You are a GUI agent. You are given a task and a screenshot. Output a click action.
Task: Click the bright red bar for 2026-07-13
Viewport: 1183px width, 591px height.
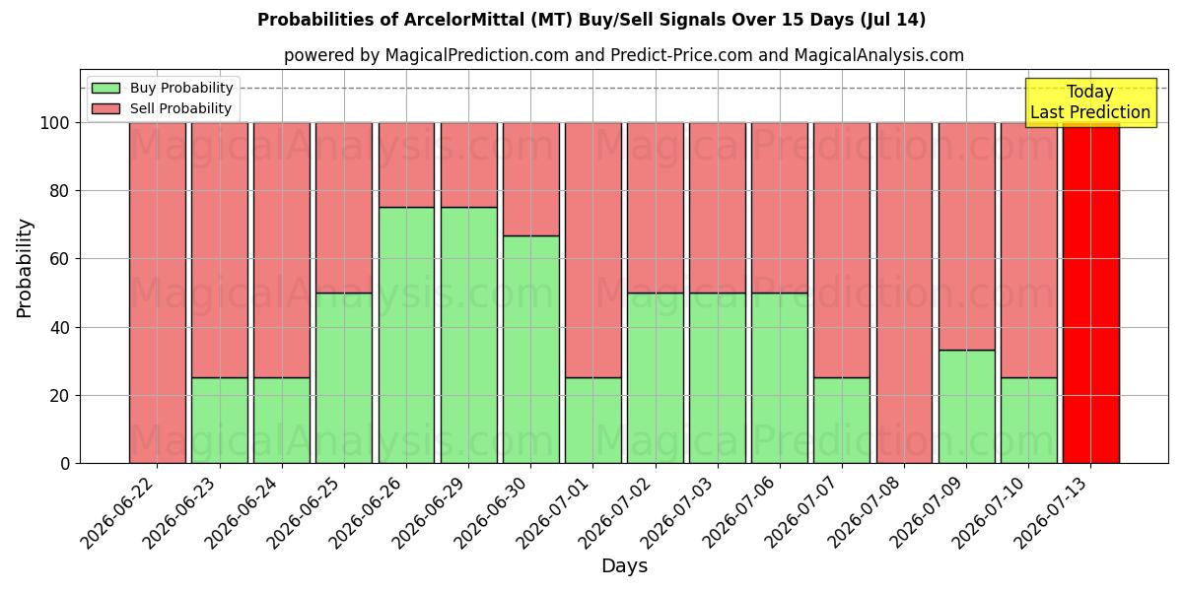click(1091, 294)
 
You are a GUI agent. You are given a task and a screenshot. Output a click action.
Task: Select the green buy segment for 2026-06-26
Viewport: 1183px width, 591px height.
click(406, 336)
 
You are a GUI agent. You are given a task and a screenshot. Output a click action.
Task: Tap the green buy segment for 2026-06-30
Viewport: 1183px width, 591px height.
click(531, 350)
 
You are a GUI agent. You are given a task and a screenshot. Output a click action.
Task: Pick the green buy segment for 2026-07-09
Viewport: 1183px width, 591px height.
click(967, 407)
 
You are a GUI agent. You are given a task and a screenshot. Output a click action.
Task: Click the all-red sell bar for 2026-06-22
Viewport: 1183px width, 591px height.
click(158, 294)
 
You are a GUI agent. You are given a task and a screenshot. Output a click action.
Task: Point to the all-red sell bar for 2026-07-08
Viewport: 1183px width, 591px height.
click(905, 294)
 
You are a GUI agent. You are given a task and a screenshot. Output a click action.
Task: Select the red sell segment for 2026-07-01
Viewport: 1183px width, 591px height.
click(593, 250)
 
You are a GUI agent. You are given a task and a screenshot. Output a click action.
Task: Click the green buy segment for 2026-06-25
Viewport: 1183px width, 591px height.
click(344, 378)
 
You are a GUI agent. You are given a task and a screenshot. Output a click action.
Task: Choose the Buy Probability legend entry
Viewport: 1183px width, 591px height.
click(162, 88)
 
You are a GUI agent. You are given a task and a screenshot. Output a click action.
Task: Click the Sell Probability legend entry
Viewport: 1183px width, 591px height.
click(161, 108)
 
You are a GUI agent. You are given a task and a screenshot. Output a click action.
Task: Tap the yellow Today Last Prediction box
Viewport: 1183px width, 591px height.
click(1091, 102)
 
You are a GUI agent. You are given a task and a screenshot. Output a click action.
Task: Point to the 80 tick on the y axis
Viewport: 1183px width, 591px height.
click(60, 191)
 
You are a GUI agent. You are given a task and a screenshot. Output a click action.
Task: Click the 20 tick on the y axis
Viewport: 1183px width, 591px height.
click(60, 396)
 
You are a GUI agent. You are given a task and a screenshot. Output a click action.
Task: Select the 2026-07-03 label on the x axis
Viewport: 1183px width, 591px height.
click(678, 513)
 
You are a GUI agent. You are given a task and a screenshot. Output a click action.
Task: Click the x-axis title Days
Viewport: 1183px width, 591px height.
click(624, 566)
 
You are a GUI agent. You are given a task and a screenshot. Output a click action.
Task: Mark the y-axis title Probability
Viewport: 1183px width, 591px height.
click(25, 269)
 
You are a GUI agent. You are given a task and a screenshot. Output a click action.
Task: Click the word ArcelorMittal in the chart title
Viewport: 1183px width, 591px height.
click(464, 20)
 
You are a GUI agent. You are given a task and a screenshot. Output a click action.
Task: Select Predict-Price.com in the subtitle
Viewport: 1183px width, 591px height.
click(681, 55)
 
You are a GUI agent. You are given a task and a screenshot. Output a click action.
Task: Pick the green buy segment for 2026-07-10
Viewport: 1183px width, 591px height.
click(1029, 421)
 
